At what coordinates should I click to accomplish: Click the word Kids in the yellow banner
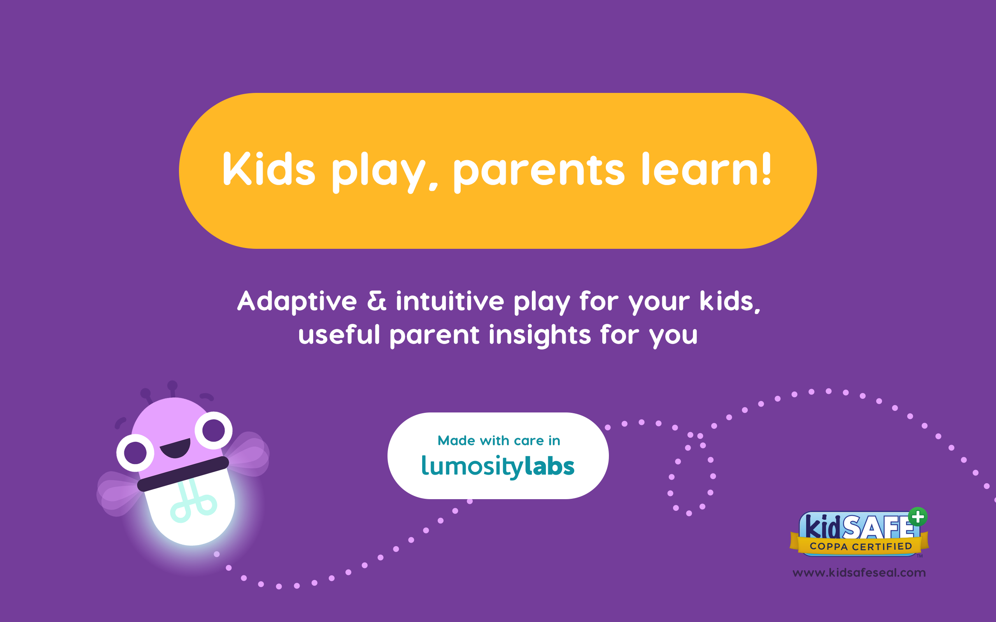point(269,169)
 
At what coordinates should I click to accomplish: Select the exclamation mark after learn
point(766,169)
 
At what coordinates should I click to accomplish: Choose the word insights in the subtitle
point(540,335)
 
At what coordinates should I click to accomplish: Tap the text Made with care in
point(498,440)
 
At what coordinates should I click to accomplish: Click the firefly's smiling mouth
point(176,448)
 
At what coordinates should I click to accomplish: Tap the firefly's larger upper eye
point(214,430)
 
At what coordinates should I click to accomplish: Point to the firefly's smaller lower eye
point(135,453)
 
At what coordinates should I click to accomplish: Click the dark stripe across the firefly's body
point(183,474)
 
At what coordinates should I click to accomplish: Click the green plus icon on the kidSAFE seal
point(918,517)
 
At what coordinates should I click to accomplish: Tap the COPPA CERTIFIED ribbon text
point(861,546)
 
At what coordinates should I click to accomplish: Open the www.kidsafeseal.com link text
point(859,573)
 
